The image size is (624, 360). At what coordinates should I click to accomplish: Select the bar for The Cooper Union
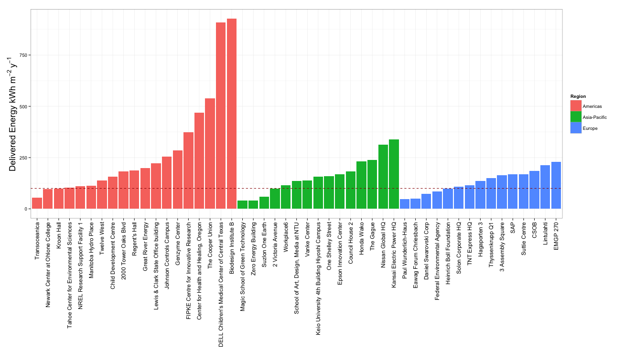pos(210,153)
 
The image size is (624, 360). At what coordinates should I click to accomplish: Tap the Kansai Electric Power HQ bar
pos(394,174)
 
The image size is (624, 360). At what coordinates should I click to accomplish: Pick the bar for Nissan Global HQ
pos(383,177)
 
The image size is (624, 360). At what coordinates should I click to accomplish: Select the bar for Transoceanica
pos(37,203)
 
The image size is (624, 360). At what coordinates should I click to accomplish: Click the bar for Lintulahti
pos(545,187)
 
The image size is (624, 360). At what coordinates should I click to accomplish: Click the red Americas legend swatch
pos(576,106)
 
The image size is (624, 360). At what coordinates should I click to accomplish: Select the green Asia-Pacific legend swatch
pos(576,117)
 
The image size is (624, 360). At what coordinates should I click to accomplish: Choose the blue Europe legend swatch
pos(576,128)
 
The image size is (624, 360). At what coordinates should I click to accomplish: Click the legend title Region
pos(578,96)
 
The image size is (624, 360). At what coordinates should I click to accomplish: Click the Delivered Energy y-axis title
pos(13,115)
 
